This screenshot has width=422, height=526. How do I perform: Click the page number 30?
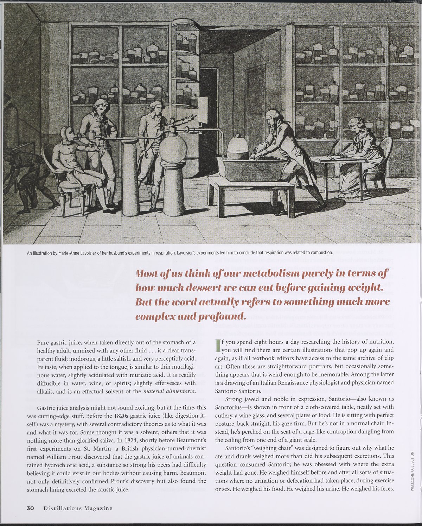(x=30, y=508)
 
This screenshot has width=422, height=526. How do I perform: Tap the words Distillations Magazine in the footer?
(x=78, y=508)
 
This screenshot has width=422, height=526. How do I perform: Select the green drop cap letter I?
(x=218, y=345)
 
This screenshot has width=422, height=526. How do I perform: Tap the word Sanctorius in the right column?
(x=230, y=407)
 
